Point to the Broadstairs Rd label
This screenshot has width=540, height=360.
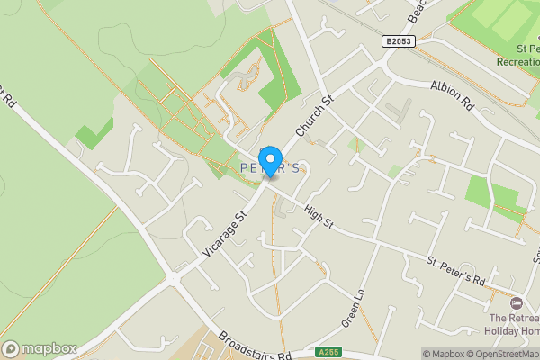point(255,346)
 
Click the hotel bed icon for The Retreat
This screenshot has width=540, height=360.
point(517,302)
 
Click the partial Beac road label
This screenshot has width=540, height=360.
point(416,11)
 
